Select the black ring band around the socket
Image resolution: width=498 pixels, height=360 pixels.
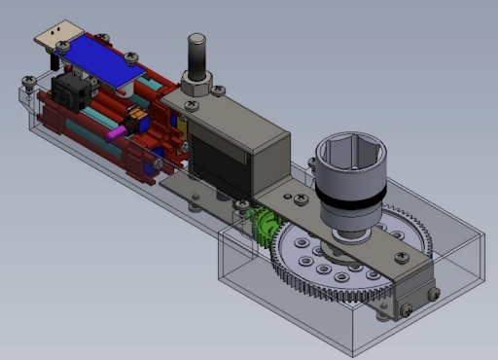(x=349, y=200)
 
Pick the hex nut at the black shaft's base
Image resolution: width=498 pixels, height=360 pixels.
(x=195, y=86)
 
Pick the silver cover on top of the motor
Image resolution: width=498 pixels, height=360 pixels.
(x=233, y=122)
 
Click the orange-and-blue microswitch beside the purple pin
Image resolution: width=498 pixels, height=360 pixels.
(x=137, y=124)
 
